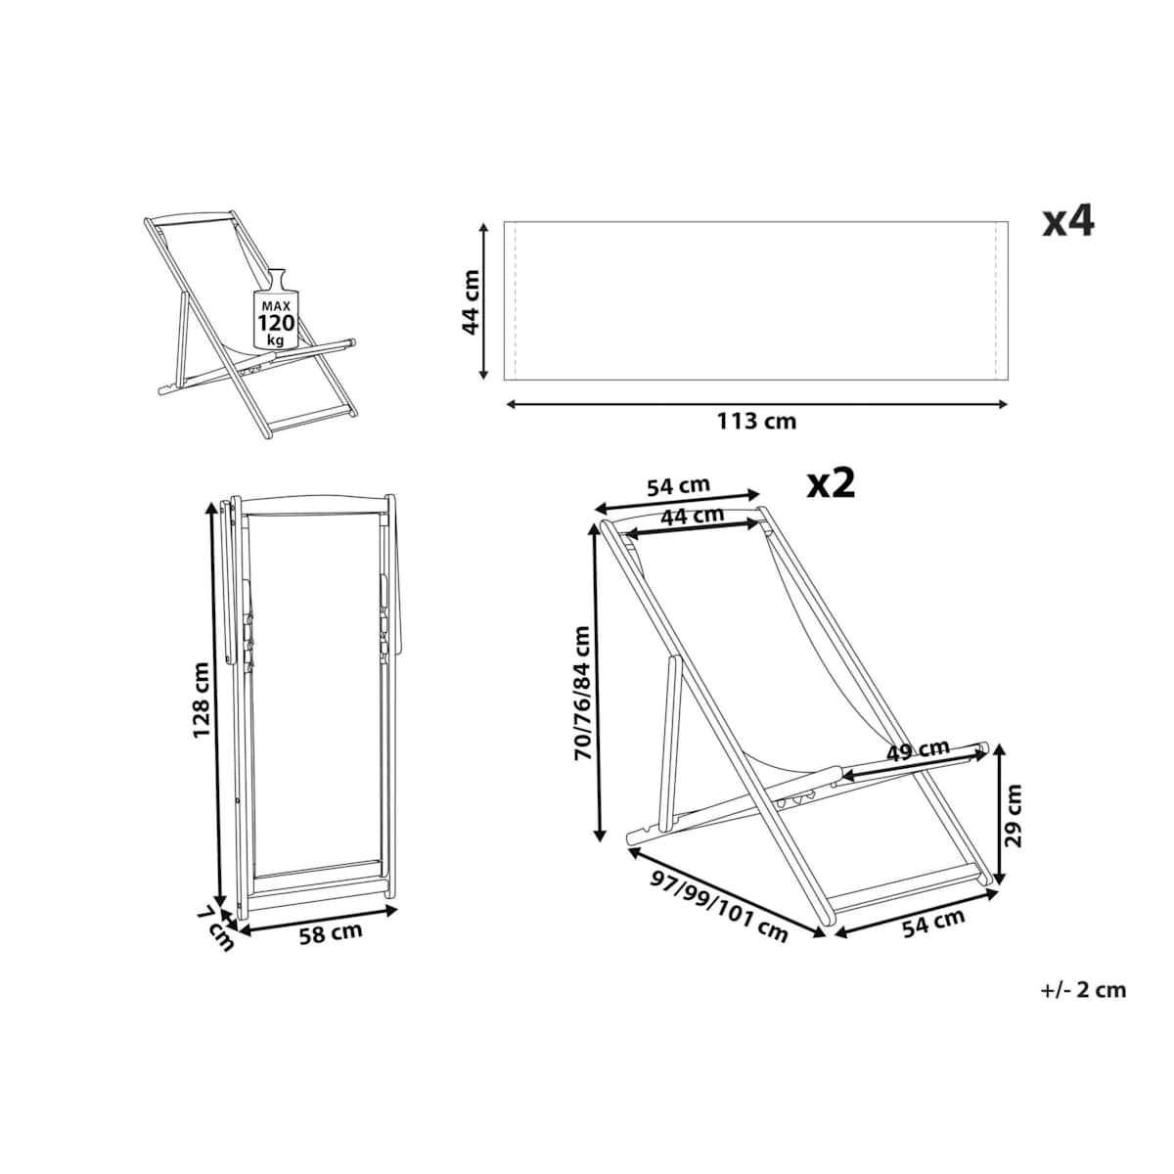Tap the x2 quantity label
pyautogui.click(x=831, y=484)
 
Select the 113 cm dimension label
pyautogui.click(x=756, y=421)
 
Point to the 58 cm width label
pyautogui.click(x=331, y=950)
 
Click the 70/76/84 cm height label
pyautogui.click(x=582, y=693)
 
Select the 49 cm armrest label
pyautogui.click(x=918, y=750)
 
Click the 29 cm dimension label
pyautogui.click(x=1014, y=815)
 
